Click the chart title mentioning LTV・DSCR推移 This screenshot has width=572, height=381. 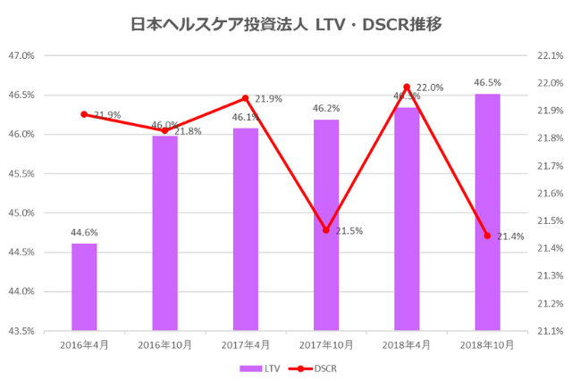pyautogui.click(x=286, y=24)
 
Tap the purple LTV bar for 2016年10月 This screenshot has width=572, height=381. pyautogui.click(x=164, y=233)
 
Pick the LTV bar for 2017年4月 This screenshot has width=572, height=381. pyautogui.click(x=246, y=228)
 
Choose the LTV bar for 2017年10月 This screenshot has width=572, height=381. pyautogui.click(x=326, y=225)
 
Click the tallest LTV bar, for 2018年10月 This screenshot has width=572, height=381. pyautogui.click(x=487, y=212)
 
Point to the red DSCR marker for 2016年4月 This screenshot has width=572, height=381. pyautogui.click(x=84, y=114)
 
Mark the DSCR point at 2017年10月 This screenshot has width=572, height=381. pyautogui.click(x=326, y=230)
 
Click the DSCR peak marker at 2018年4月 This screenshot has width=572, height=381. pyautogui.click(x=407, y=87)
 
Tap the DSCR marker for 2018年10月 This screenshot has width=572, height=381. pyautogui.click(x=487, y=236)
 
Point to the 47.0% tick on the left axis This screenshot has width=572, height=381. pyautogui.click(x=21, y=55)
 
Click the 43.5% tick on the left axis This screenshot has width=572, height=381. pyautogui.click(x=21, y=331)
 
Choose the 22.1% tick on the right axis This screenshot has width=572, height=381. pyautogui.click(x=548, y=55)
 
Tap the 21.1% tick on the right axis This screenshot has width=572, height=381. pyautogui.click(x=548, y=331)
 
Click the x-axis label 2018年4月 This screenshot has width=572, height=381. pyautogui.click(x=407, y=345)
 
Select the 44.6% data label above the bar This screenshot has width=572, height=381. pyautogui.click(x=84, y=231)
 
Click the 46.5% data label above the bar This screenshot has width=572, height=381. pyautogui.click(x=487, y=82)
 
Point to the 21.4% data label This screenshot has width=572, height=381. pyautogui.click(x=510, y=236)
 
